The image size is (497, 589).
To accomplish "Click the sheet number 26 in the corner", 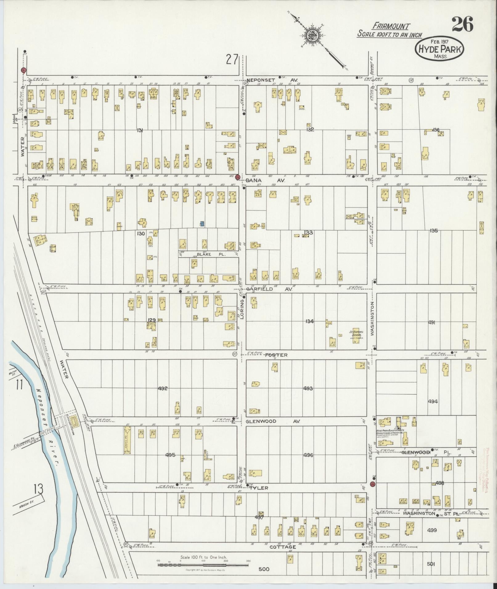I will coord(462,25).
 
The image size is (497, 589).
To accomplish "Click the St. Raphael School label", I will coord(357,334).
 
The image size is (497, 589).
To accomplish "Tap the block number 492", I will coord(163,388).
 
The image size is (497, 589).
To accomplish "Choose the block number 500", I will coord(264,569).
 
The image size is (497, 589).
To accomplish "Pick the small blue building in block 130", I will coord(202,223).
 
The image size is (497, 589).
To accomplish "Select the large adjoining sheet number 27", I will coord(232,59).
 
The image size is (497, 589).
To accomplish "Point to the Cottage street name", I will coord(283,547).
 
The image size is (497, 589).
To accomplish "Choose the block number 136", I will coord(435,130).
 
